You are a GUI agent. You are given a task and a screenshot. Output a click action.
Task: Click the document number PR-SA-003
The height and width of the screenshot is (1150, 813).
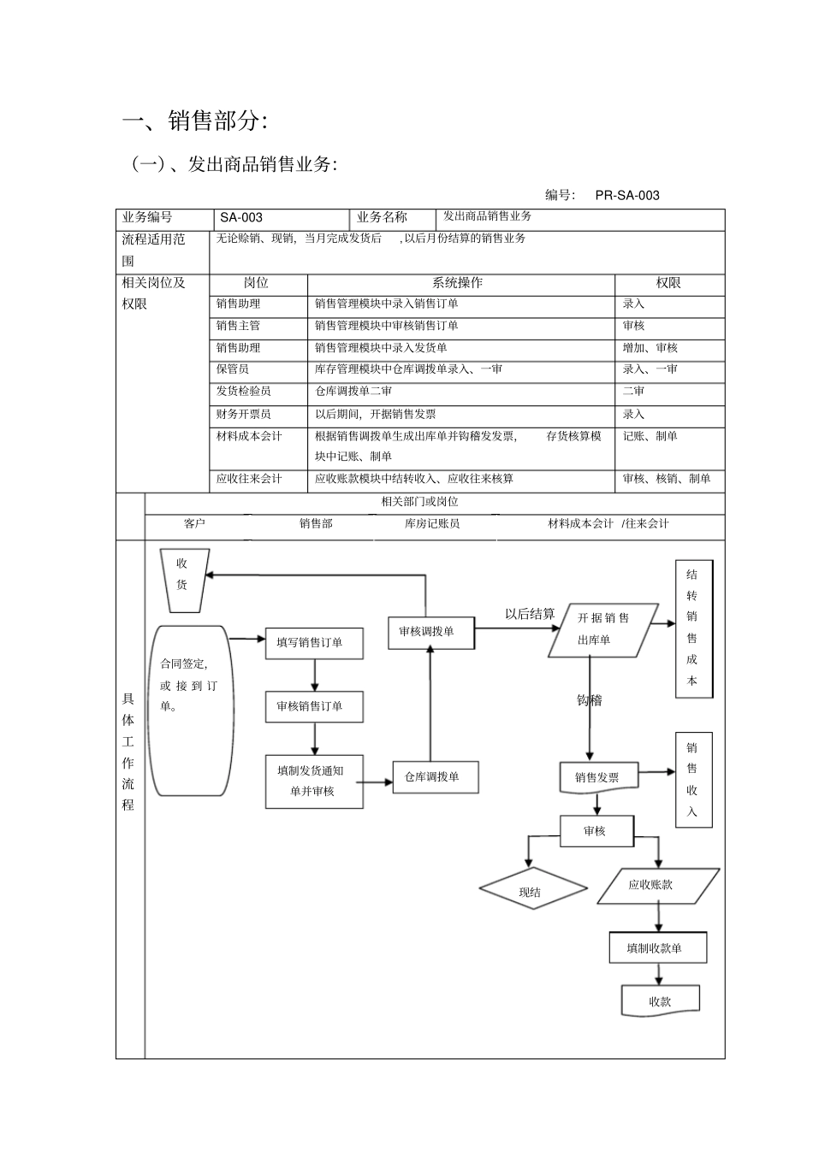(627, 195)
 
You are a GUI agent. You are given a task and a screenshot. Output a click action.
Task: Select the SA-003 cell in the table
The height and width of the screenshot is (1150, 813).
(241, 217)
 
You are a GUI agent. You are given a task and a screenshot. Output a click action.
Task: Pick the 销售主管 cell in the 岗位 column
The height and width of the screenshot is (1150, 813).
(238, 326)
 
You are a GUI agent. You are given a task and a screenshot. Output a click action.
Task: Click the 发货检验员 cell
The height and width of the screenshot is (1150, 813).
(244, 391)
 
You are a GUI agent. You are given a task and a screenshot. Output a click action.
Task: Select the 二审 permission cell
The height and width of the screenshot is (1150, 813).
(633, 391)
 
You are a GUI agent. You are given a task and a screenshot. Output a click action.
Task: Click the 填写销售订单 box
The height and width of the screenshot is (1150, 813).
(313, 642)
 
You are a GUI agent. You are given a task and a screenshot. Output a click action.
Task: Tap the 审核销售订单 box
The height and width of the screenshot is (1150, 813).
(313, 706)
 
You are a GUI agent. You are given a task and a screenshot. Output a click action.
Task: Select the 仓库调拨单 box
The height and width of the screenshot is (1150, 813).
(435, 777)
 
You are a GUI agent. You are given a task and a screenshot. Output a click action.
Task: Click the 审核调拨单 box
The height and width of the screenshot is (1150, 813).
(430, 632)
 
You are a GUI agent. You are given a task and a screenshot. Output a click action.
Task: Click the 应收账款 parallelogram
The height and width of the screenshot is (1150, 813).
(657, 885)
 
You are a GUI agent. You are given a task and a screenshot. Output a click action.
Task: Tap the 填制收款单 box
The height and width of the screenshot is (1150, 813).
(657, 948)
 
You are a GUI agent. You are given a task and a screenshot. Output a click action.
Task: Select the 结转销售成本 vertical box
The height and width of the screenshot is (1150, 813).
(692, 628)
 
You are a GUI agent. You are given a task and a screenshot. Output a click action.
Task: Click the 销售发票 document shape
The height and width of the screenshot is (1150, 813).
(598, 777)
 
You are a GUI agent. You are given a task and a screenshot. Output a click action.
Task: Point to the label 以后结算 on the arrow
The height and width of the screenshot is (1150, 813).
(530, 614)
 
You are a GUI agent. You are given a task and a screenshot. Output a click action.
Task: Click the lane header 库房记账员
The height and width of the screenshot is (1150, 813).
(432, 523)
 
